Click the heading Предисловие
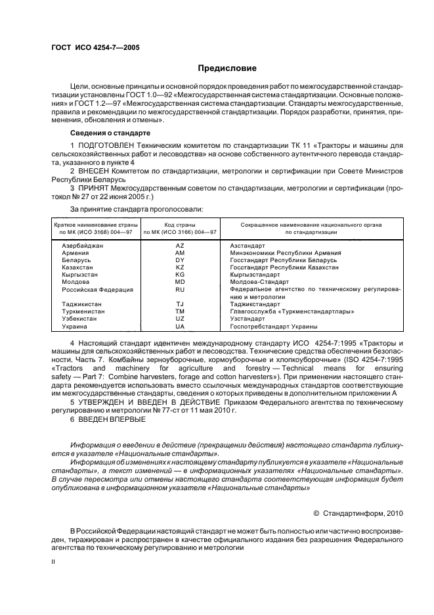pyautogui.click(x=227, y=68)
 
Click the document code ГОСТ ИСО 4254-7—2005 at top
pyautogui.click(x=95, y=47)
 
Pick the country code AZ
pyautogui.click(x=180, y=245)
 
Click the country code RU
pyautogui.click(x=180, y=289)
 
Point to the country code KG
pyautogui.click(x=180, y=275)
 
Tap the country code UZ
pyautogui.click(x=180, y=319)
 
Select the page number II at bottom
pyautogui.click(x=54, y=562)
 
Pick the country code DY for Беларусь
pyautogui.click(x=180, y=260)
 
